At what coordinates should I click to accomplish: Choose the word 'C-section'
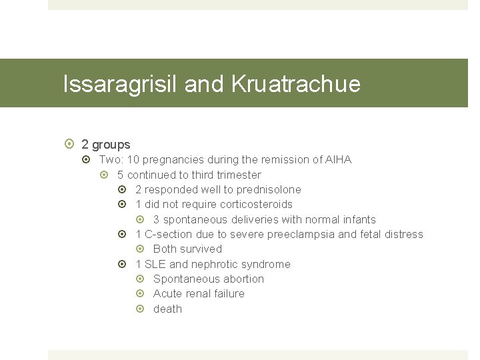169,235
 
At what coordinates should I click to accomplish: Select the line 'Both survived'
187,249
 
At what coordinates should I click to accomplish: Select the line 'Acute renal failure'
199,294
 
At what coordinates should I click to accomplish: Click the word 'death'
167,309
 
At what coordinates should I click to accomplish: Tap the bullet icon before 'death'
141,309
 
